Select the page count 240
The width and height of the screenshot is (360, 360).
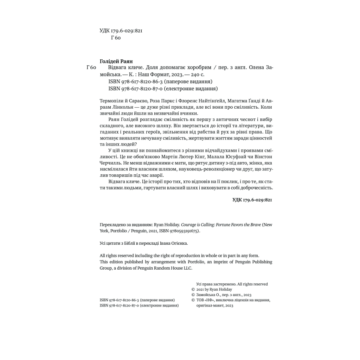(195, 75)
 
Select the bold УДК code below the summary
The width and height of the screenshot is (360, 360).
(252, 200)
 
